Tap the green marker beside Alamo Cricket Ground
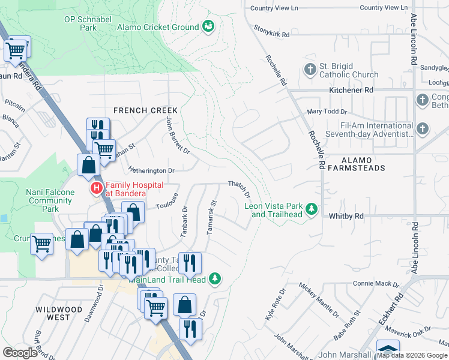click(208, 26)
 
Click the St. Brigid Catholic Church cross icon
click(310, 70)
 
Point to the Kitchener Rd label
click(351, 90)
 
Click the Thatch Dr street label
click(238, 189)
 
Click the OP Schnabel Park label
click(89, 23)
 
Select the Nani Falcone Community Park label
click(50, 200)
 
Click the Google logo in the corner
click(20, 353)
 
